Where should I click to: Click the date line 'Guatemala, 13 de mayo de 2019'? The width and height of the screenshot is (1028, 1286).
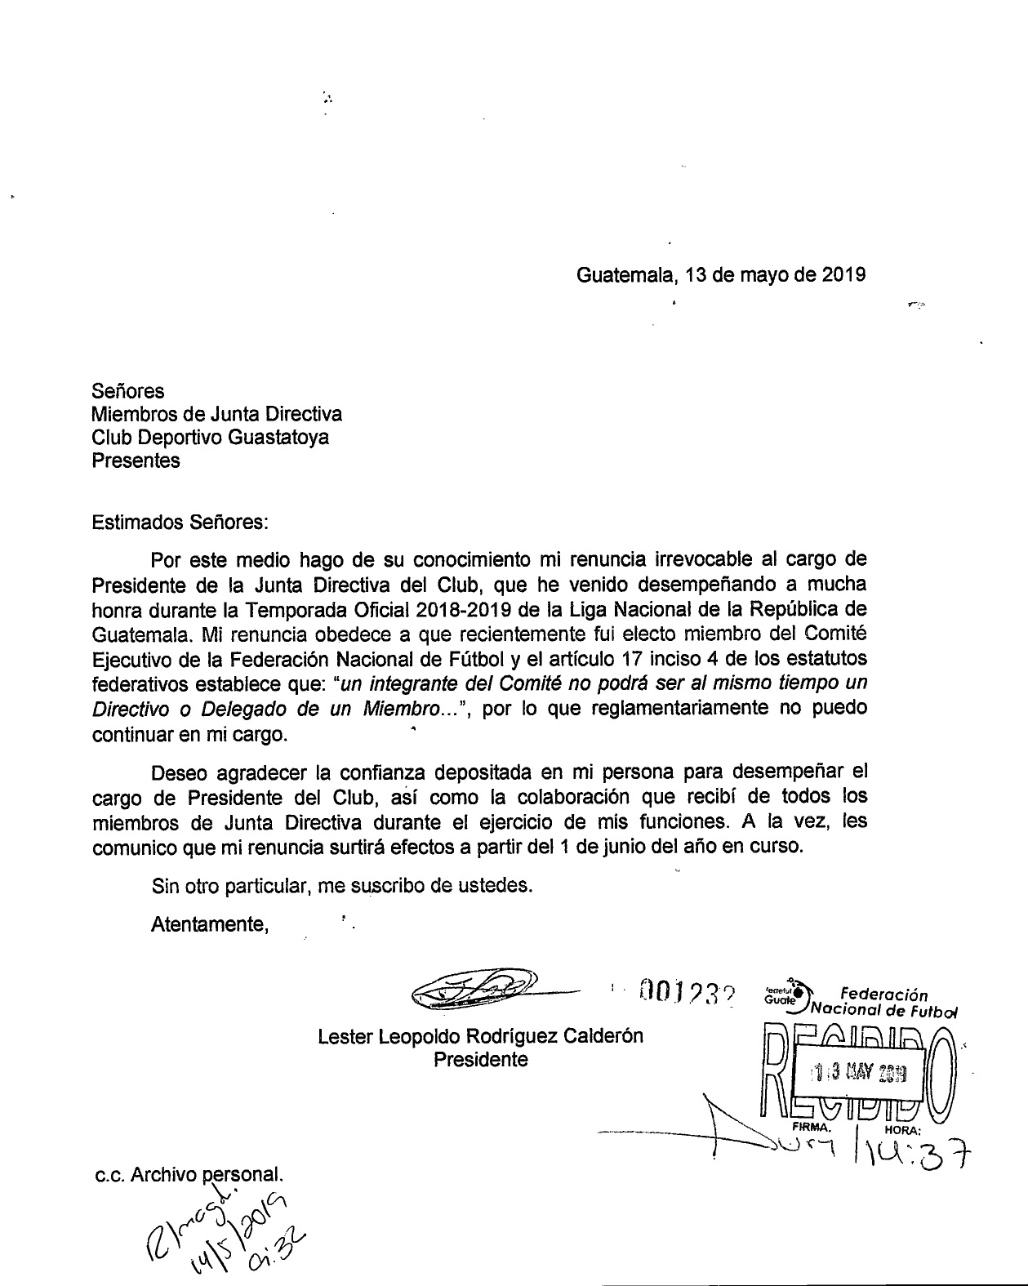point(721,275)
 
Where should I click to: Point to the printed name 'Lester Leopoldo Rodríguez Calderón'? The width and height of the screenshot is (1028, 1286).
point(480,1036)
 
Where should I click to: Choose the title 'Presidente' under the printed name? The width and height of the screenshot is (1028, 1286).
point(480,1060)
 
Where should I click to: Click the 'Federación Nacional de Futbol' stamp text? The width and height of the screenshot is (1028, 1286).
point(882,1003)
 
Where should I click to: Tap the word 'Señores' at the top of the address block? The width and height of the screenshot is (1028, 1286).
point(128,390)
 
